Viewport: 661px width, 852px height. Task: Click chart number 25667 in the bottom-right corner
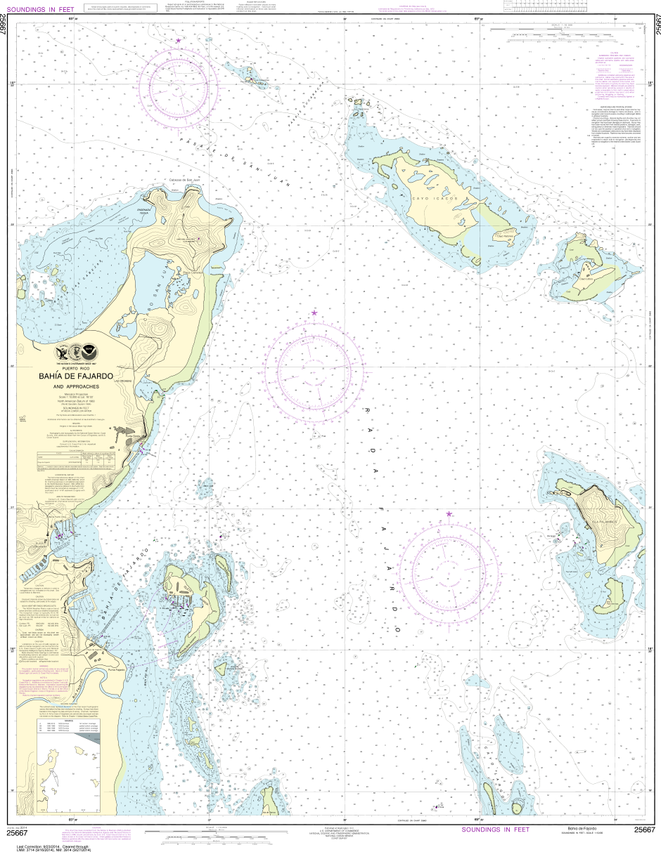(644, 830)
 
